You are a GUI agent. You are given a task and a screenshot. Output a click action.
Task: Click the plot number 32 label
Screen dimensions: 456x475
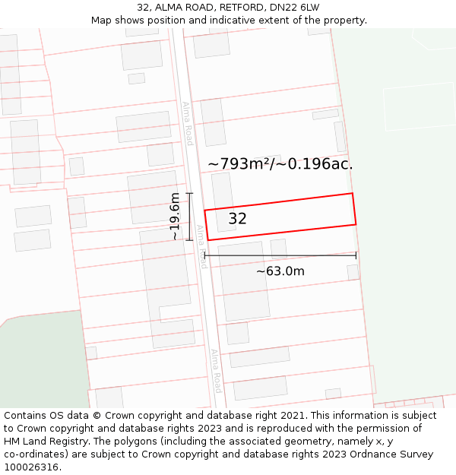point(237,219)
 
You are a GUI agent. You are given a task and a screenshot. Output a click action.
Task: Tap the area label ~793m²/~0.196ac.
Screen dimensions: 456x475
point(280,163)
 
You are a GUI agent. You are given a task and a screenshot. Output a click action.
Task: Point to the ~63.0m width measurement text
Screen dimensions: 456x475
point(280,271)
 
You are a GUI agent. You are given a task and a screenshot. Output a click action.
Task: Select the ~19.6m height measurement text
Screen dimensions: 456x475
point(175,217)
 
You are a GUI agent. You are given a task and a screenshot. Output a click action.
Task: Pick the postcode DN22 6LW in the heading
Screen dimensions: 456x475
point(294,8)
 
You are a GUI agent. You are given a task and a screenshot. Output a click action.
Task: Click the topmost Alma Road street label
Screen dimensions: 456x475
point(187,123)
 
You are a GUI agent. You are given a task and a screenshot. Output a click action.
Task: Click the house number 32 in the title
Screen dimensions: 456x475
point(144,8)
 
